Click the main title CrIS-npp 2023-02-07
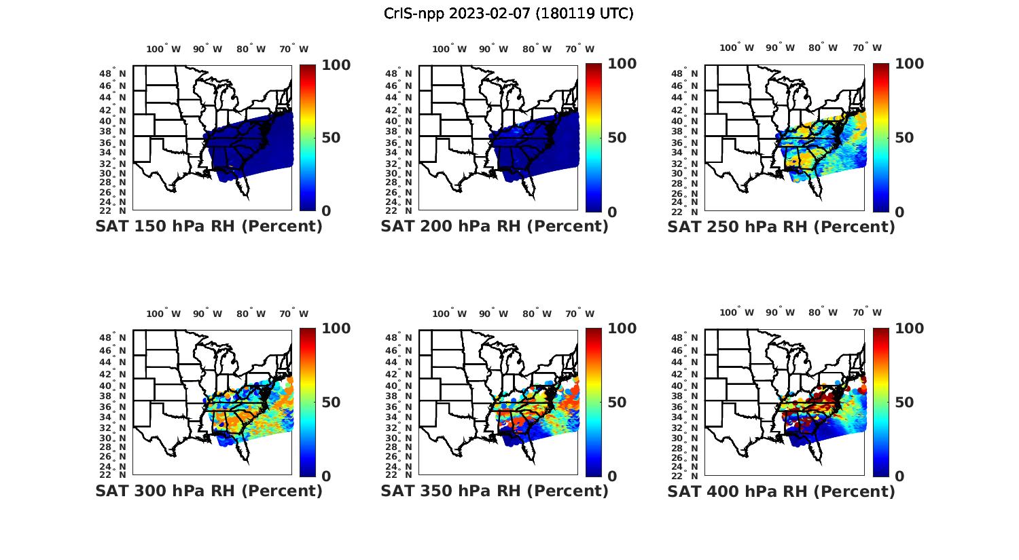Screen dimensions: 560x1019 pyautogui.click(x=508, y=14)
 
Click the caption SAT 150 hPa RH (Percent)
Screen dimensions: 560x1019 pyautogui.click(x=209, y=227)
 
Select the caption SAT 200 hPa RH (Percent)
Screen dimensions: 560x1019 pyautogui.click(x=495, y=227)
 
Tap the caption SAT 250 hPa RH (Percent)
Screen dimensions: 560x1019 pyautogui.click(x=781, y=227)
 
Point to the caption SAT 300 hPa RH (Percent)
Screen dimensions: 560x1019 pyautogui.click(x=209, y=491)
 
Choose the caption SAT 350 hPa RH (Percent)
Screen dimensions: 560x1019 pyautogui.click(x=495, y=491)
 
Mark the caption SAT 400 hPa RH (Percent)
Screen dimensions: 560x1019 pyautogui.click(x=781, y=491)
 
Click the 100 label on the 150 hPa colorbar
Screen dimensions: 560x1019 pyautogui.click(x=336, y=64)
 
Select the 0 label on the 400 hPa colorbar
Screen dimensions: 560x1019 pyautogui.click(x=899, y=477)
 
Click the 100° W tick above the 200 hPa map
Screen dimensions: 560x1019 pyautogui.click(x=449, y=49)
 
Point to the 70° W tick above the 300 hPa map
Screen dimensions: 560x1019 pyautogui.click(x=293, y=314)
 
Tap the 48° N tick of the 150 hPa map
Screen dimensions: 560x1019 pyautogui.click(x=113, y=73)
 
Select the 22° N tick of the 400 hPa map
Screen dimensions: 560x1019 pyautogui.click(x=685, y=474)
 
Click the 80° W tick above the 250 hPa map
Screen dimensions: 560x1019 pyautogui.click(x=823, y=48)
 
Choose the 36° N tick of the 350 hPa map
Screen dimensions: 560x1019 pyautogui.click(x=399, y=407)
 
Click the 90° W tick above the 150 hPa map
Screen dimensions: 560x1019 pyautogui.click(x=207, y=49)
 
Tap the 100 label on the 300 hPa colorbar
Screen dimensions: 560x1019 pyautogui.click(x=336, y=329)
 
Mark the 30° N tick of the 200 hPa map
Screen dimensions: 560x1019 pyautogui.click(x=399, y=174)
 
